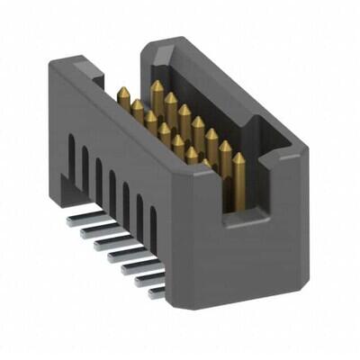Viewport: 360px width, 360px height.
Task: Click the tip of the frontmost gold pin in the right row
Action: (238, 157)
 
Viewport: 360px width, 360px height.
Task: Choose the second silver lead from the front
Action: (144, 280)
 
